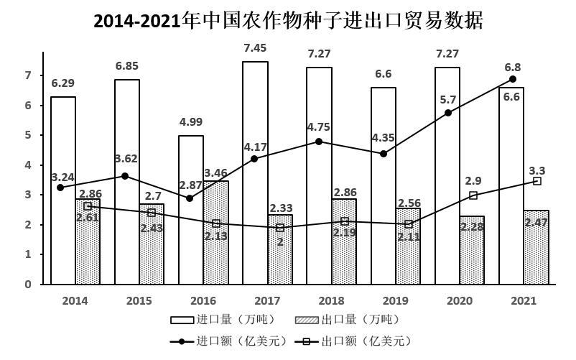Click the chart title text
click(x=288, y=21)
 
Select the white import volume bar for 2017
click(x=255, y=172)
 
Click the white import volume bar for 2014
click(x=63, y=190)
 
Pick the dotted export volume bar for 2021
click(x=536, y=247)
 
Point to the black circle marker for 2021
click(x=512, y=79)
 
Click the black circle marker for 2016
click(x=190, y=198)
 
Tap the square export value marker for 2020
click(x=473, y=195)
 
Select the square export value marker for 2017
click(x=280, y=228)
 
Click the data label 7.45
click(x=255, y=48)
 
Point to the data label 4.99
click(x=191, y=121)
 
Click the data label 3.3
click(x=536, y=170)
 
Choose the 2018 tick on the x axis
click(x=331, y=300)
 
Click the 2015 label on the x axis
click(x=139, y=300)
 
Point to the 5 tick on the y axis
click(x=29, y=135)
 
